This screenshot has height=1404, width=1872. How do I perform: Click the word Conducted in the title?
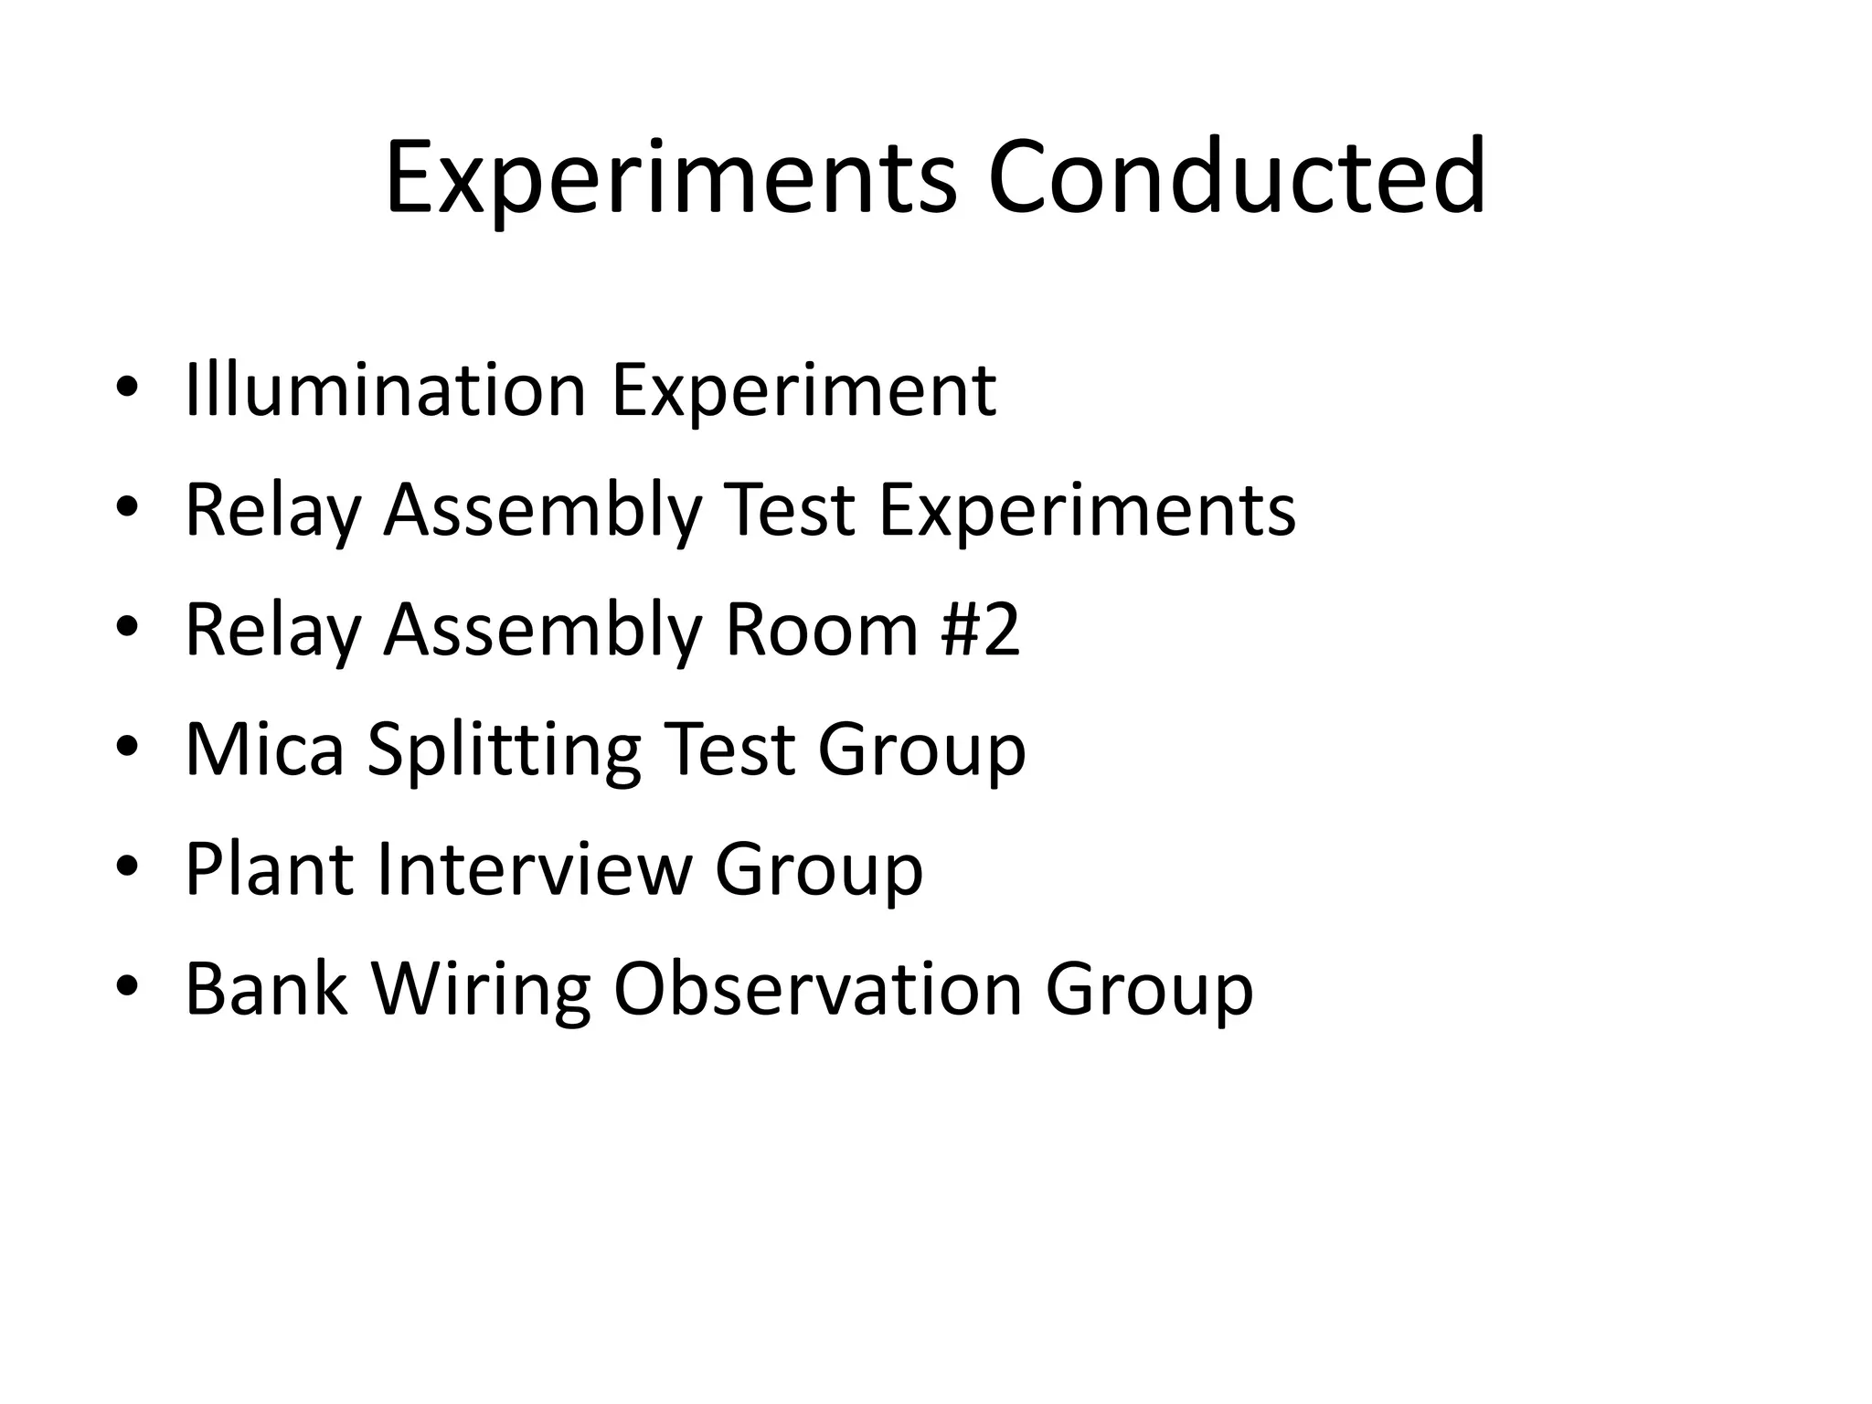click(x=1236, y=177)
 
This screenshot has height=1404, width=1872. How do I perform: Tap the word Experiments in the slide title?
click(x=671, y=177)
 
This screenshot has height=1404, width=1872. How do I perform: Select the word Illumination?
click(x=385, y=390)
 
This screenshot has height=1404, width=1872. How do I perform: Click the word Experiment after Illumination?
click(x=803, y=390)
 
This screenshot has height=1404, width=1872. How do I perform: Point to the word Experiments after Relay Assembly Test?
click(x=1087, y=510)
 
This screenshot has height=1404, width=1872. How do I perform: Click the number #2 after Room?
click(x=979, y=630)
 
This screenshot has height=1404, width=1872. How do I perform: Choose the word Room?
click(x=821, y=630)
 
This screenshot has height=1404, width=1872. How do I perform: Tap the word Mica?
click(x=264, y=750)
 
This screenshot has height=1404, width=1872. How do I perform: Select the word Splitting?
click(x=505, y=750)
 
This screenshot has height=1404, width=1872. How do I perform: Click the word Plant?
click(x=269, y=869)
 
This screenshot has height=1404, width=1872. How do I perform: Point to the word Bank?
click(x=266, y=989)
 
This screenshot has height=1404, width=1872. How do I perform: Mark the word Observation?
click(x=817, y=989)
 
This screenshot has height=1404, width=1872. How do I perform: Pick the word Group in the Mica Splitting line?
click(x=921, y=750)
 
